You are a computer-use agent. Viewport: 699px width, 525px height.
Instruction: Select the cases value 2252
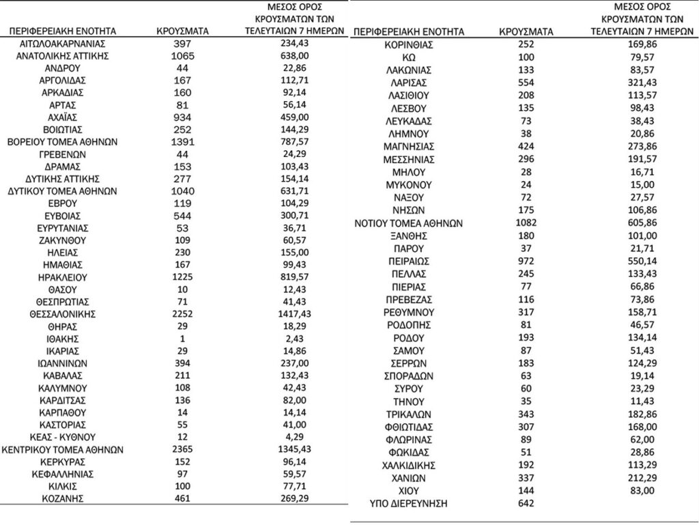[183, 314]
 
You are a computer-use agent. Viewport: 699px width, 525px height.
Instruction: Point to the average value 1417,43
[296, 314]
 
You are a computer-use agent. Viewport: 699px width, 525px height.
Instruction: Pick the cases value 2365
[183, 450]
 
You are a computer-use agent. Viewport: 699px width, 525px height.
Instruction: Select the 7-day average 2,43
[296, 339]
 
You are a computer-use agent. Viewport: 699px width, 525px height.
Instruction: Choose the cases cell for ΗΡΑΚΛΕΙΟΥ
[183, 277]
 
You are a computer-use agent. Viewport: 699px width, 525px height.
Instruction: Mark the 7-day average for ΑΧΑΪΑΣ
[296, 117]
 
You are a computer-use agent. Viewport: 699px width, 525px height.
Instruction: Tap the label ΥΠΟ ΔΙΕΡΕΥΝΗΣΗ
[409, 504]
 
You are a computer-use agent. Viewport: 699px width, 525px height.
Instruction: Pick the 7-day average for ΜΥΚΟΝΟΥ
[637, 185]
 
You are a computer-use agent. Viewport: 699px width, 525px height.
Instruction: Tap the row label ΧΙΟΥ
[409, 490]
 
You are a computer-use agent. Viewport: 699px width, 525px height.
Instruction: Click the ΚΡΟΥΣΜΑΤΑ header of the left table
[183, 31]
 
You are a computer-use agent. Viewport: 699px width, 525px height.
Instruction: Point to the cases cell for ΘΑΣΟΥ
[183, 289]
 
